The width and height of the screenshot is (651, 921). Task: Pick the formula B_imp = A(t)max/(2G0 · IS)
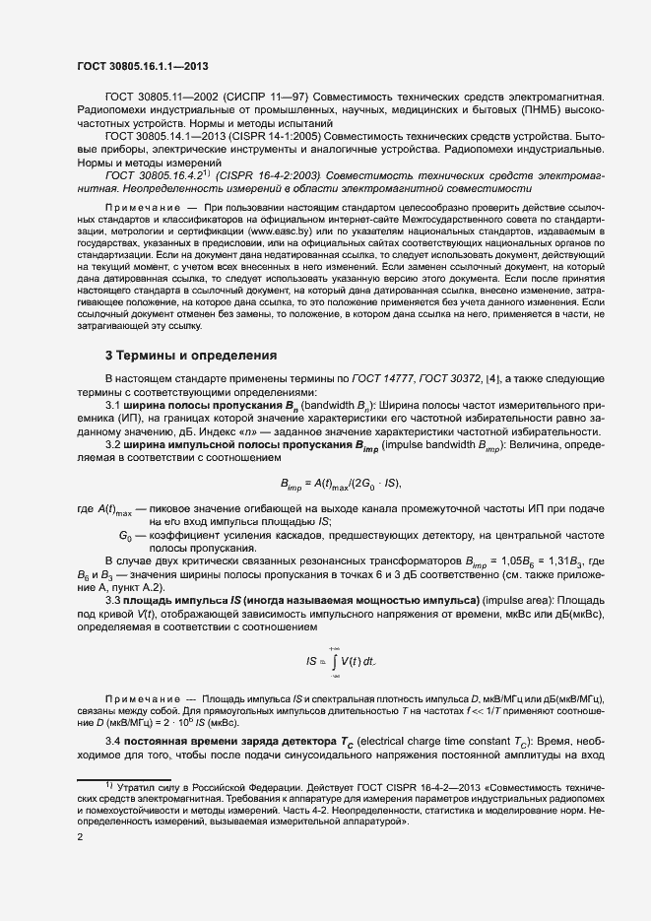pyautogui.click(x=342, y=483)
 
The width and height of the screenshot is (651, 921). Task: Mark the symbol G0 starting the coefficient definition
pyautogui.click(x=125, y=534)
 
